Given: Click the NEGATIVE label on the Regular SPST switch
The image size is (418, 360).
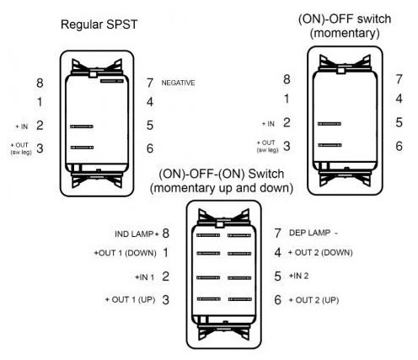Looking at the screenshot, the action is (178, 83).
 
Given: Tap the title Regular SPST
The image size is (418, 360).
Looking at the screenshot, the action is (99, 24).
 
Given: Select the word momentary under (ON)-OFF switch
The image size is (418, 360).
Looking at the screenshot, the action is (345, 33).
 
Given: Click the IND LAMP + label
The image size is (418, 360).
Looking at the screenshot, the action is (137, 234).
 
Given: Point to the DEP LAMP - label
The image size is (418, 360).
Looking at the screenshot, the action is (313, 233).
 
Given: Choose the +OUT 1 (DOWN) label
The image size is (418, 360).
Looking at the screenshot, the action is (125, 253).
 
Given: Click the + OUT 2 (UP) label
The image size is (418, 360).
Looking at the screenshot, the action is (313, 300).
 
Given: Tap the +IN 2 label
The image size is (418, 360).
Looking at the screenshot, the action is (298, 276).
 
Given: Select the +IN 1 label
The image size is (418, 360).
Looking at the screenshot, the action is (145, 277).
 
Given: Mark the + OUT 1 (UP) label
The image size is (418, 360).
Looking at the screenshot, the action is (130, 299).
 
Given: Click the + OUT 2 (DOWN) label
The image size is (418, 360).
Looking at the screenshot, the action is (320, 252).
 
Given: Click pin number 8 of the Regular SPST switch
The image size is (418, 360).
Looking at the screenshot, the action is (40, 83).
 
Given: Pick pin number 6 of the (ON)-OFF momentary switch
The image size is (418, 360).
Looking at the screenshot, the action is (399, 146).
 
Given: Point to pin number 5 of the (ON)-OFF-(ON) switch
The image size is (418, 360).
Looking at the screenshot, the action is (277, 277).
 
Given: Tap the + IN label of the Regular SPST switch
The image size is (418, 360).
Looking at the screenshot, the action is (22, 126).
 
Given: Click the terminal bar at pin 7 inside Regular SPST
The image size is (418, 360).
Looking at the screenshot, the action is (112, 81).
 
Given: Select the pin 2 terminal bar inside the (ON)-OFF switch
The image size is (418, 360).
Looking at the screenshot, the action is (330, 124).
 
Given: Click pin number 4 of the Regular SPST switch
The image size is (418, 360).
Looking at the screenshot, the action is (150, 102).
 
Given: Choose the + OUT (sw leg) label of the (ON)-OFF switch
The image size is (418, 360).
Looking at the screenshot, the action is (268, 146).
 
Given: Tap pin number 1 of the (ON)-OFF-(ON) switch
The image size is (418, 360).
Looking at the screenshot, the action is (166, 253).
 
